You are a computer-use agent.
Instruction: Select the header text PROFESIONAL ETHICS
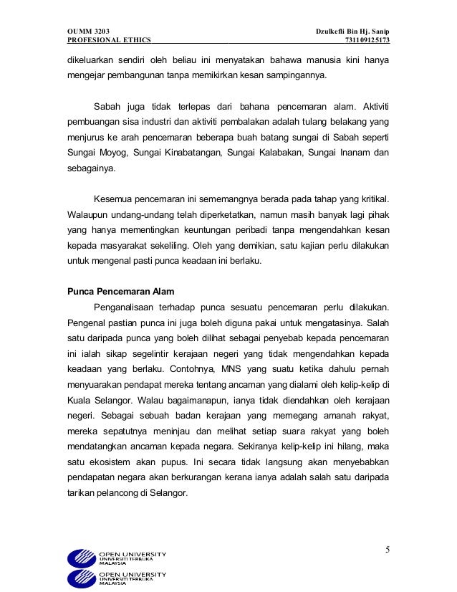pos(103,42)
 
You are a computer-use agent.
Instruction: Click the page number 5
pos(388,550)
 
